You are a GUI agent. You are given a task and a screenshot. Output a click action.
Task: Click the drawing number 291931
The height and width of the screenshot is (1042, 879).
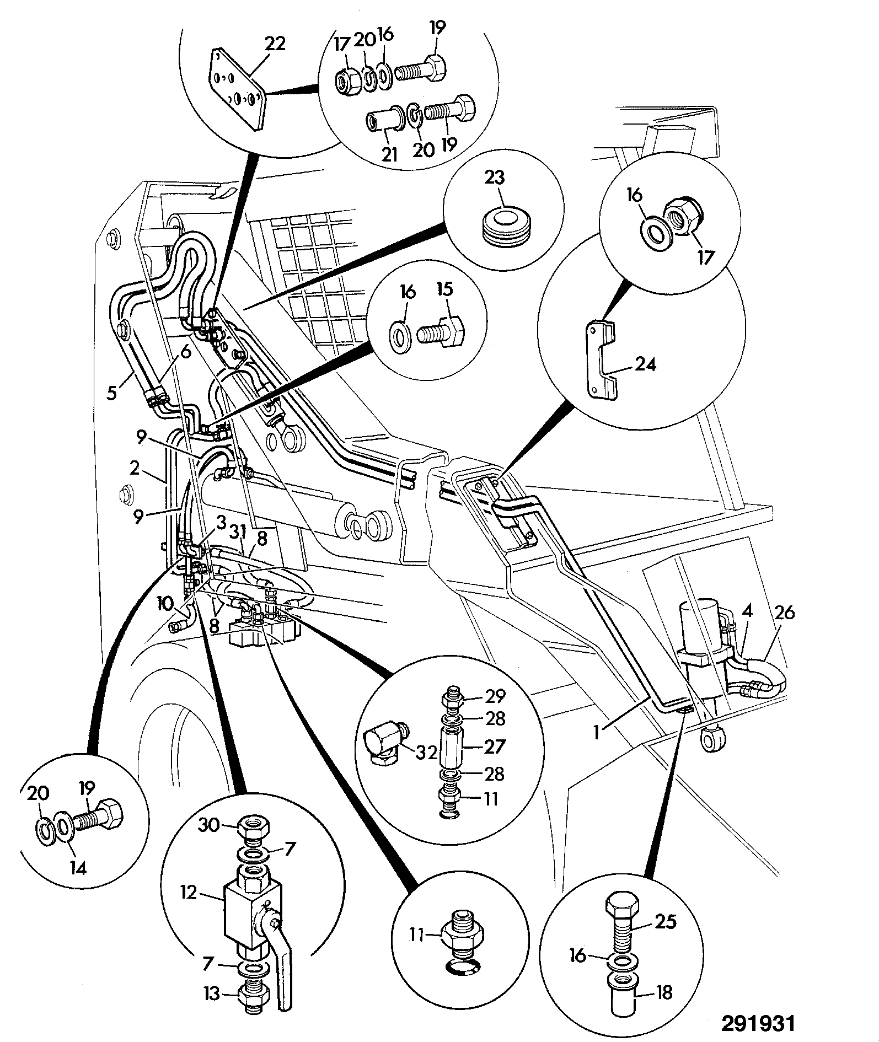click(x=759, y=1023)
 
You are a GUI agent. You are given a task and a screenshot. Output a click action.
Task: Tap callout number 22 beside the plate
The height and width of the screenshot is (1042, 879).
click(x=274, y=43)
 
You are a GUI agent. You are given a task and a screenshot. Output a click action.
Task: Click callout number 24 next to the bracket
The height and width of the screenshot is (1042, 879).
click(x=645, y=364)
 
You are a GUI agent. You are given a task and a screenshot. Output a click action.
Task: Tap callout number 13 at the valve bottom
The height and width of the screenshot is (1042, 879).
click(x=211, y=1009)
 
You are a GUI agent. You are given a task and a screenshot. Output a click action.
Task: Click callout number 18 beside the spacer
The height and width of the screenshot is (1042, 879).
click(x=664, y=992)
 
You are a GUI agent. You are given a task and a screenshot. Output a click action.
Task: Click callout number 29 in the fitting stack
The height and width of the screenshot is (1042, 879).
click(x=494, y=696)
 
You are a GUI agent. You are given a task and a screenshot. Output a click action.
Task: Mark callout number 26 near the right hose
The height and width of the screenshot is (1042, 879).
click(x=785, y=612)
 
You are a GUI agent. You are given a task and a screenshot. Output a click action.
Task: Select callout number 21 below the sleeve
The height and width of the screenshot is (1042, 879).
click(x=389, y=154)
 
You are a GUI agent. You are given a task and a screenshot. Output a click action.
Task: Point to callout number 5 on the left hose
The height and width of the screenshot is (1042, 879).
click(x=112, y=394)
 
